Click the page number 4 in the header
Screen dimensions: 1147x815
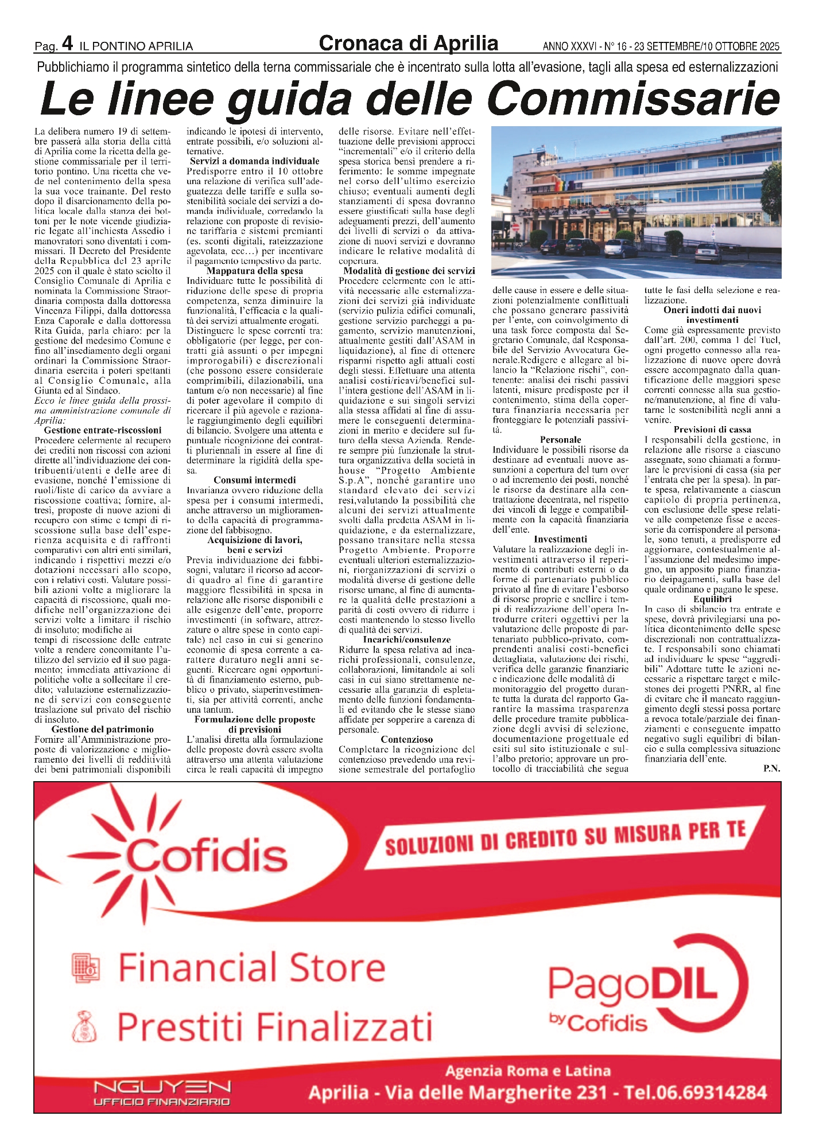67,43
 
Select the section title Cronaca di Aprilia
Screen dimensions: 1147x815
408,44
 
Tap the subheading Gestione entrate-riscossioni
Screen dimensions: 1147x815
103,430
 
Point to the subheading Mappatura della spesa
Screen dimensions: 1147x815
255,271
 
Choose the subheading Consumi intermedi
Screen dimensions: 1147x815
255,480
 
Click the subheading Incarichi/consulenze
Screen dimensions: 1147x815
406,639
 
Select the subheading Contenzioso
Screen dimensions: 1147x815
406,739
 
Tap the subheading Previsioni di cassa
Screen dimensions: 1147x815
712,430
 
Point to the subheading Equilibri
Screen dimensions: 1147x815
712,599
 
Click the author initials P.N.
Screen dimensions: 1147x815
771,768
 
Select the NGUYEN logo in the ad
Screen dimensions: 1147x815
162,1087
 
